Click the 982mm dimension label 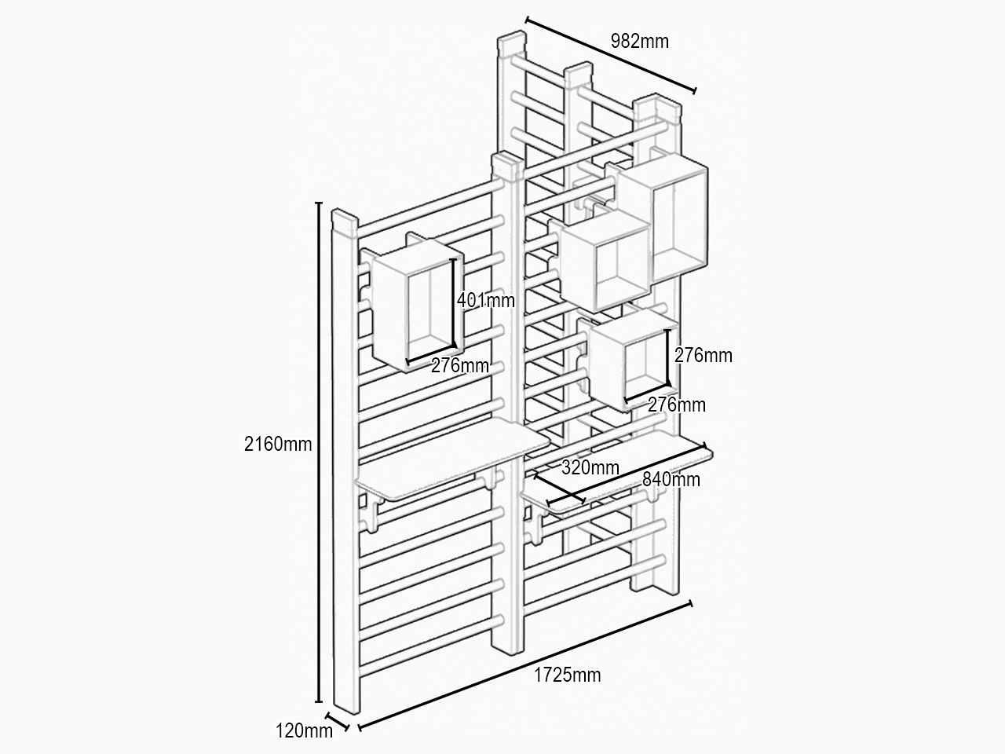click(x=640, y=41)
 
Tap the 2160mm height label click(x=278, y=444)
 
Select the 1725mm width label click(x=568, y=675)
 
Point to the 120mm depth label click(x=304, y=730)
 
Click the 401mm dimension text click(x=486, y=300)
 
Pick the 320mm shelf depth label click(x=590, y=467)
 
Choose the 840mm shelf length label click(x=671, y=479)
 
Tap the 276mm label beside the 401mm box click(x=460, y=365)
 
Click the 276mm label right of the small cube click(x=703, y=355)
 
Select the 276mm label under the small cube click(x=677, y=404)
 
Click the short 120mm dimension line click(x=338, y=721)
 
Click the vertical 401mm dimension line click(x=454, y=302)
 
